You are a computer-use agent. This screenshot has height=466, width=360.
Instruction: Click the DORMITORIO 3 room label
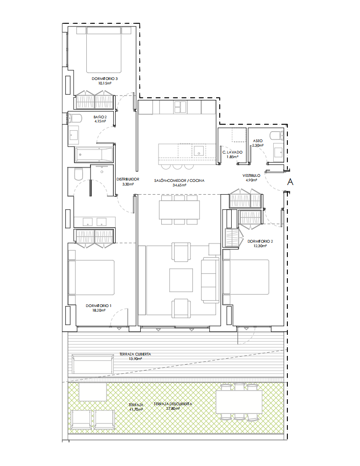pyautogui.click(x=105, y=79)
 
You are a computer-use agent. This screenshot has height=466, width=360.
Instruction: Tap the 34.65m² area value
pyautogui.click(x=179, y=185)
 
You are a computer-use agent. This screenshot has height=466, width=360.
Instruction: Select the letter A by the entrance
pyautogui.click(x=290, y=181)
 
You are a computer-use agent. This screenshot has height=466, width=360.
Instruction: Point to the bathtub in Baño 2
pyautogui.click(x=94, y=154)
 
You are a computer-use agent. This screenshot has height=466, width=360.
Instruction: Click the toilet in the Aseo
pyautogui.click(x=277, y=136)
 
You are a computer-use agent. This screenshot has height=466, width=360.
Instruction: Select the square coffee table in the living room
pyautogui.click(x=181, y=280)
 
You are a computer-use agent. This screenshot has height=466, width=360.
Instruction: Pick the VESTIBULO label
pyautogui.click(x=251, y=175)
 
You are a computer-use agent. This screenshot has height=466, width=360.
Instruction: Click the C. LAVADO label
pyautogui.click(x=233, y=152)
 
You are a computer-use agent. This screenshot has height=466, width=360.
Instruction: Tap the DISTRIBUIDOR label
pyautogui.click(x=128, y=179)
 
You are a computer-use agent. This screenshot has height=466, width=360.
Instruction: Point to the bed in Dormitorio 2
pyautogui.click(x=246, y=277)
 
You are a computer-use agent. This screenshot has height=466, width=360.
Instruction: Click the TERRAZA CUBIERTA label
pyautogui.click(x=135, y=354)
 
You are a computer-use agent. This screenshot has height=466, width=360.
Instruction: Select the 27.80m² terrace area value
pyautogui.click(x=173, y=408)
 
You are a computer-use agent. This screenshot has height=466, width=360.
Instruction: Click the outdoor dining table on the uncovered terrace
pyautogui.click(x=239, y=402)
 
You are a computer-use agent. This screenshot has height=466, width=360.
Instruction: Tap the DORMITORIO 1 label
pyautogui.click(x=99, y=306)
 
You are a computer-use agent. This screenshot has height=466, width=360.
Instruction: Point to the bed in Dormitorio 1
pyautogui.click(x=91, y=278)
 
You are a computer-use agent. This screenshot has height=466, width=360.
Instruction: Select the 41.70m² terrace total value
pyautogui.click(x=136, y=409)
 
